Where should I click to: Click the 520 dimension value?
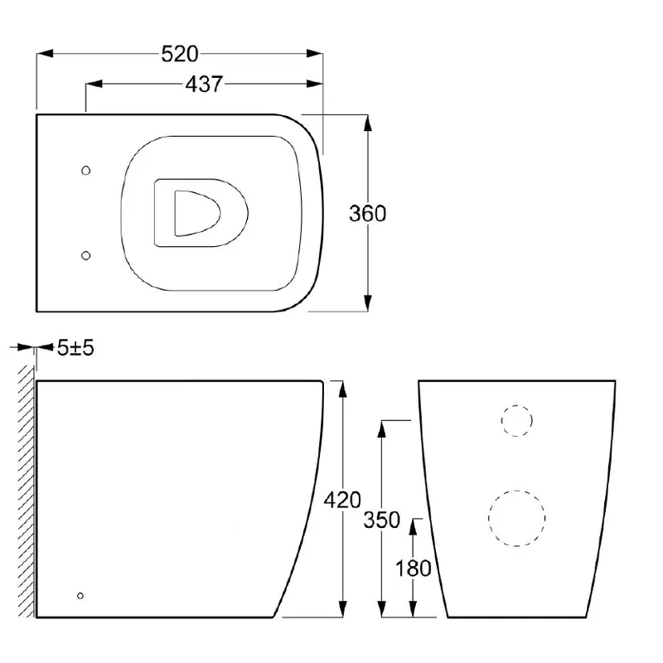pyautogui.click(x=181, y=54)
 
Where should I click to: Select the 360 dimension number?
pyautogui.click(x=367, y=213)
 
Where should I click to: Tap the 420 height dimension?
pyautogui.click(x=343, y=500)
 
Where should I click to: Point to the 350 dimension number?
pyautogui.click(x=381, y=520)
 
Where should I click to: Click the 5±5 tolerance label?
pyautogui.click(x=76, y=348)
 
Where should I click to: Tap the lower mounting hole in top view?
pyautogui.click(x=87, y=255)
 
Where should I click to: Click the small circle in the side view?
pyautogui.click(x=80, y=595)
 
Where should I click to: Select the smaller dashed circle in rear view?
pyautogui.click(x=516, y=421)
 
